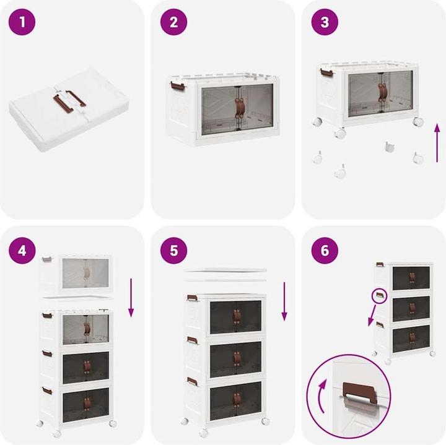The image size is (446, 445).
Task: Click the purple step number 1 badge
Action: point(22,22)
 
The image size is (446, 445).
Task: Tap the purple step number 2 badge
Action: point(173,22)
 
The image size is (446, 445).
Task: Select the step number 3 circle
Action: point(325,22)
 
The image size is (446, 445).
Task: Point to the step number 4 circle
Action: point(22,251)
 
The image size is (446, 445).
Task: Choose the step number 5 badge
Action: point(173,251)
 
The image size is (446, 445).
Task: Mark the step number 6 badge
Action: point(325,251)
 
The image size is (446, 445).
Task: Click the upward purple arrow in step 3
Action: point(437,143)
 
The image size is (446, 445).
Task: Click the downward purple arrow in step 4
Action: point(131,298)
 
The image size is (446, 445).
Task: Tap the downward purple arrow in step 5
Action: point(284,301)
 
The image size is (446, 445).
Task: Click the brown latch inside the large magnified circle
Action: point(360,393)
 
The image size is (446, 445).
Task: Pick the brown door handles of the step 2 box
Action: point(240,108)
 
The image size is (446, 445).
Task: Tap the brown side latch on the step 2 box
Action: point(178,87)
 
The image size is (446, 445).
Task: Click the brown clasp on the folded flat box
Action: point(69,101)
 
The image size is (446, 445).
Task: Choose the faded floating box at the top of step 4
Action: point(77,273)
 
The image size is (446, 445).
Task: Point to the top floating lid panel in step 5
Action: point(225,270)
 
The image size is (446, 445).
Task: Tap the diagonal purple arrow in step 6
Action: point(372,316)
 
